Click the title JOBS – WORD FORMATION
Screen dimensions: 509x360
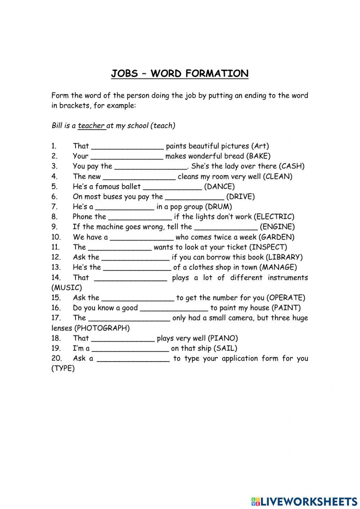180,73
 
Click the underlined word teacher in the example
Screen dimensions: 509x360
91,126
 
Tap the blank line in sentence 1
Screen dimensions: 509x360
128,147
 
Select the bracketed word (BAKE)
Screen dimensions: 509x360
258,156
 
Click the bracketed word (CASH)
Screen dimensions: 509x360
292,166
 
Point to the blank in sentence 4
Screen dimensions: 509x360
139,177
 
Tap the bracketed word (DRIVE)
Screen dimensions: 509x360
240,197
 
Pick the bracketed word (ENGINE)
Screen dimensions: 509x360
277,227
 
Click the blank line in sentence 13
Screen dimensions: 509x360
137,268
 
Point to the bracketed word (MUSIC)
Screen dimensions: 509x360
67,288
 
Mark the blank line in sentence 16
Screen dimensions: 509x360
174,309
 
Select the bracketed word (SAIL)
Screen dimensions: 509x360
225,348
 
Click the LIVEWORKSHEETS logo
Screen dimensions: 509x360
304,501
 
